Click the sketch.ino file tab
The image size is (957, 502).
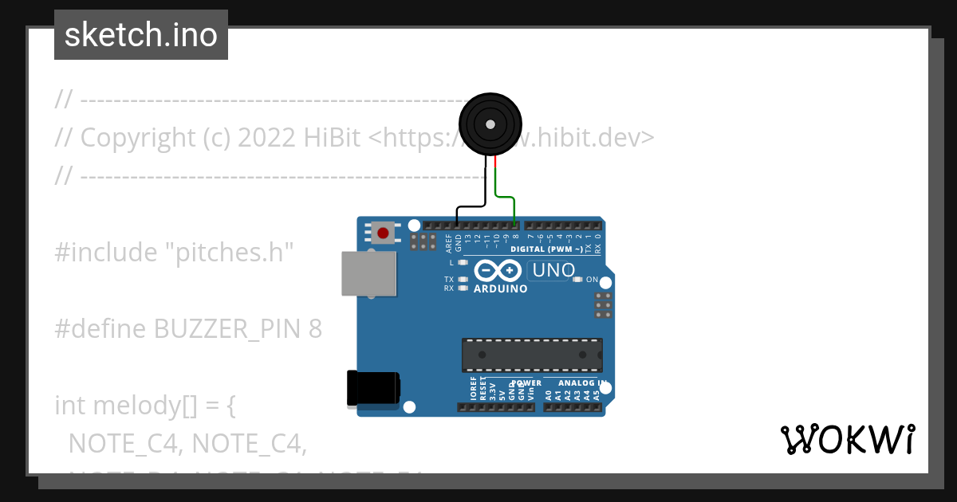(x=141, y=35)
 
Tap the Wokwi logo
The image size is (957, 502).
(x=847, y=440)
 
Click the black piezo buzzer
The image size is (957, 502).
(x=490, y=124)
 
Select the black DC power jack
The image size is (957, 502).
(x=373, y=390)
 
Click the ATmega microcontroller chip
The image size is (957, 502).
(x=532, y=355)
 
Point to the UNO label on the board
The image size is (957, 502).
(x=553, y=270)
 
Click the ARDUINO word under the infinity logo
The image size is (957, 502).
(x=500, y=288)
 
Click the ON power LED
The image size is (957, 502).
(x=577, y=280)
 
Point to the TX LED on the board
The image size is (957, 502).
(x=463, y=280)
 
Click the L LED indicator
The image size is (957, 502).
(x=463, y=262)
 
